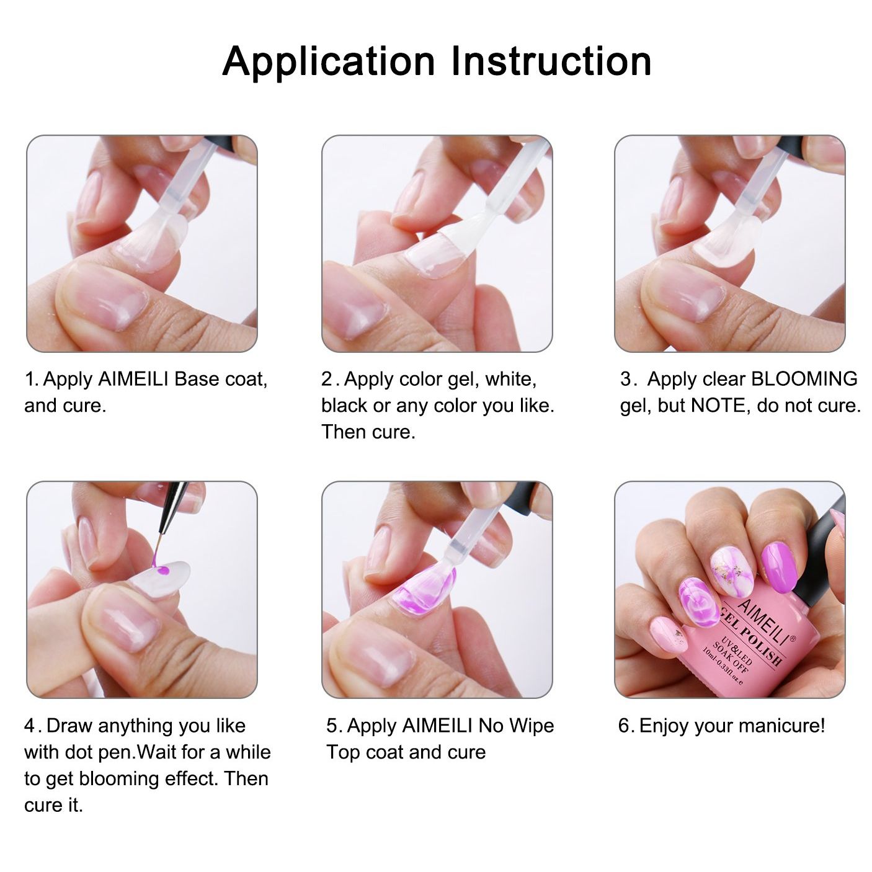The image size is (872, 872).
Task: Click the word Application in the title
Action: (329, 63)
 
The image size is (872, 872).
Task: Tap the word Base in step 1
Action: (197, 379)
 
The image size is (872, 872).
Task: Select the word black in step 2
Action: (344, 406)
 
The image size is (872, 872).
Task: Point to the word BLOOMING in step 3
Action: (804, 379)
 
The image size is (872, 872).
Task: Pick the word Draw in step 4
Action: (69, 726)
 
